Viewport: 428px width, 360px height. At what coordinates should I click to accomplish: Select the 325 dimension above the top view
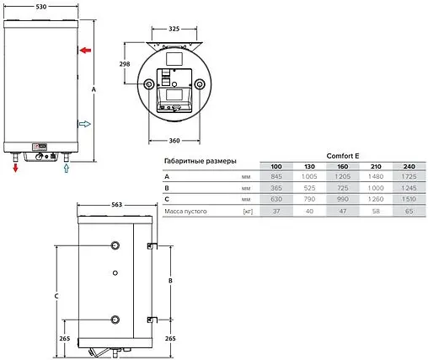point(174,29)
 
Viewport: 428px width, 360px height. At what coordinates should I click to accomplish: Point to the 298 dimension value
point(126,65)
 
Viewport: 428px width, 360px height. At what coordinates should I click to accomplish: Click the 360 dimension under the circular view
point(174,141)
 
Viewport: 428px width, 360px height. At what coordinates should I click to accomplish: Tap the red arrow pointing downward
point(15,168)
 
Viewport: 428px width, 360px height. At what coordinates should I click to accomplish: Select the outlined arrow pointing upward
point(67,168)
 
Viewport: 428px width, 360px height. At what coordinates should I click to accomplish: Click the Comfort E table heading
point(339,155)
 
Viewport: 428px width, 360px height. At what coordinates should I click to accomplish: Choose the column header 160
point(343,166)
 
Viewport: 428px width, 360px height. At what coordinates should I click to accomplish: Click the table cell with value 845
point(276,177)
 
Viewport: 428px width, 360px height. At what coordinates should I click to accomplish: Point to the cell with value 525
point(309,188)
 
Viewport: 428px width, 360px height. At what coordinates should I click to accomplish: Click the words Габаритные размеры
point(200,160)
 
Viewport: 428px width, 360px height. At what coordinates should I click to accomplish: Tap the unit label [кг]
point(247,211)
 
